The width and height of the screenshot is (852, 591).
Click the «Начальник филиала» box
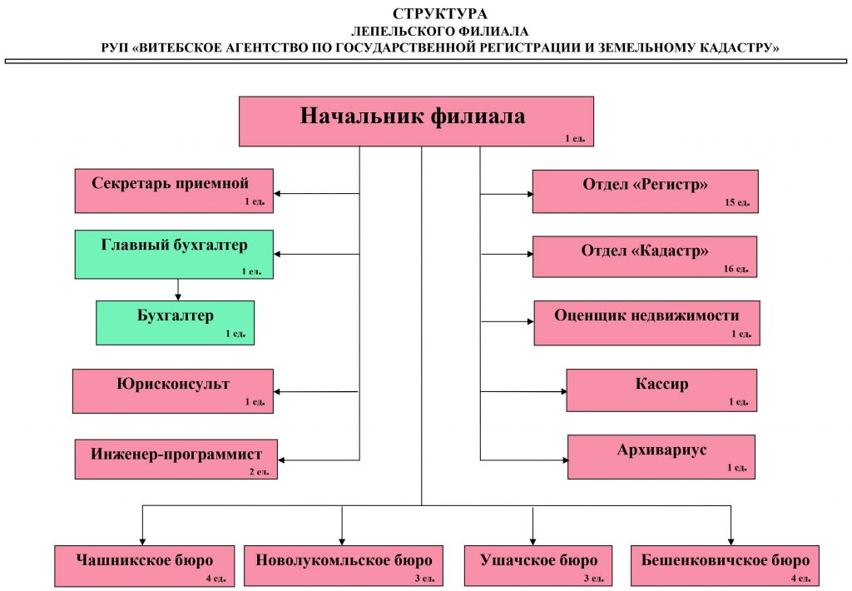coord(416,122)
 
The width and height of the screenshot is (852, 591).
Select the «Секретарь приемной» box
coord(174,191)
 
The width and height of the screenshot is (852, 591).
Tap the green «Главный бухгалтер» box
coord(174,255)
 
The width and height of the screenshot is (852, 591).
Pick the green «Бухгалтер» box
coord(175,323)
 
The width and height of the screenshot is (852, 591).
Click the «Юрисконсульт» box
coord(173,391)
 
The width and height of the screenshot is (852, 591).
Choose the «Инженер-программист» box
coord(176,459)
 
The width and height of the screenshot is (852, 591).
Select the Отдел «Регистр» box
coord(645,191)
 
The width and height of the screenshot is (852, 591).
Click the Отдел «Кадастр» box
coord(645,256)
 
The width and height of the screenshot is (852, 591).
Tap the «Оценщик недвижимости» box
coord(646,323)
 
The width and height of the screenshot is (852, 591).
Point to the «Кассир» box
coord(661,390)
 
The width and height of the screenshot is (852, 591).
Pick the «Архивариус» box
coord(661,457)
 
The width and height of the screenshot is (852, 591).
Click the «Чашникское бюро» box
coord(145,566)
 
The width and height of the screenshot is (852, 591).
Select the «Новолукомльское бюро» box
coord(344,566)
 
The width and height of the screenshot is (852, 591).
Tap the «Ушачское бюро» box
coord(538,566)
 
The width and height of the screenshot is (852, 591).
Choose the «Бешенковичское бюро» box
coord(725,566)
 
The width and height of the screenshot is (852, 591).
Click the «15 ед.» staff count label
coord(737,202)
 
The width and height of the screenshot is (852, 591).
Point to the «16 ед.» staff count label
coord(736,269)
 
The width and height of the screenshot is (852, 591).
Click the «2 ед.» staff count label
coord(260,471)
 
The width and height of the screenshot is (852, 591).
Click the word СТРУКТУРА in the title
coord(440,14)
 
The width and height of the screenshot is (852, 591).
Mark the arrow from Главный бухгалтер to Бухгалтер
coord(178,290)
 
